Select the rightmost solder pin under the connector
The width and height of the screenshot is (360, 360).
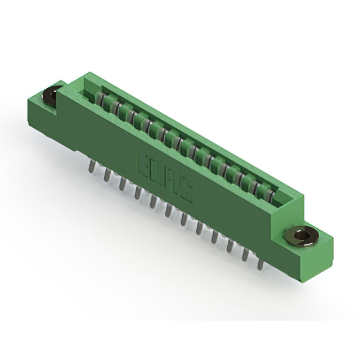pyautogui.click(x=260, y=262)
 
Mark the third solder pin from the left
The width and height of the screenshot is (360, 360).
pyautogui.click(x=121, y=183)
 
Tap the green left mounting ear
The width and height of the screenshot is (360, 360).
pyautogui.click(x=42, y=110)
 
